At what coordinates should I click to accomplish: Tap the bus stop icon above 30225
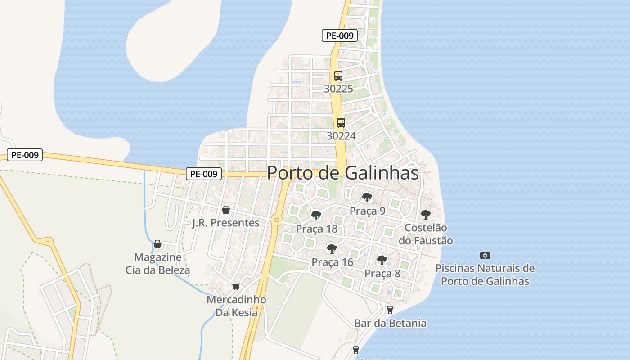338,76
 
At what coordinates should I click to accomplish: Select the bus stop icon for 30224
341,122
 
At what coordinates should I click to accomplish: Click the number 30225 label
338,89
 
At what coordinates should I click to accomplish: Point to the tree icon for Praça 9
367,197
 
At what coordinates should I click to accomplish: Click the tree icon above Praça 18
316,215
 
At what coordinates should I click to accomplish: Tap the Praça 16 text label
332,262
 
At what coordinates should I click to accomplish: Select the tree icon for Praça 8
382,260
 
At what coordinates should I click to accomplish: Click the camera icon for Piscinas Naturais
485,255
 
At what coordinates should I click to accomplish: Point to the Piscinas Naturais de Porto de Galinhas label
485,274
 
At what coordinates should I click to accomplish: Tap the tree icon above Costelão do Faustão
425,214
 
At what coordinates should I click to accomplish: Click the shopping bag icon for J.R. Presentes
226,210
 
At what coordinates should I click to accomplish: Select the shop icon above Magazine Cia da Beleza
157,244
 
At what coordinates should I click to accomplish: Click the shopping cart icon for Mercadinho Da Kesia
236,286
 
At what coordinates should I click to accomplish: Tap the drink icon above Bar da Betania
390,310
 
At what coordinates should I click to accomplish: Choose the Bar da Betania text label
390,323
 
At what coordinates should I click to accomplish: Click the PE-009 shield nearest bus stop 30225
340,36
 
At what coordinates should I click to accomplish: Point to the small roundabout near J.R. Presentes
276,220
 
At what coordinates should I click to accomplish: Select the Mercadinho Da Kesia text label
236,306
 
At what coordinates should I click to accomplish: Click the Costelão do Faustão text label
426,234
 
